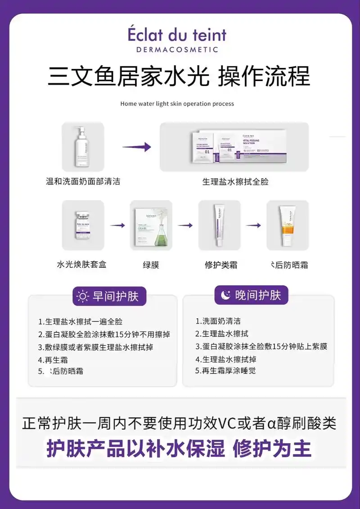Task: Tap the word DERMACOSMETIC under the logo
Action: coord(177,50)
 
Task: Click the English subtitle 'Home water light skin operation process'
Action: coord(177,104)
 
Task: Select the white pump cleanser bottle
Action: coord(83,146)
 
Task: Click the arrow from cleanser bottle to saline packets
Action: coord(136,147)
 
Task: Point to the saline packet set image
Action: coord(234,147)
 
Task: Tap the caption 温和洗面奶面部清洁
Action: coord(83,181)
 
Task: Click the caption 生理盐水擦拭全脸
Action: coord(235,182)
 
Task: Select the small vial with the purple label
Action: coord(83,225)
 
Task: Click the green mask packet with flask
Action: coord(151,225)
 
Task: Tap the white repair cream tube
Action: coord(219,225)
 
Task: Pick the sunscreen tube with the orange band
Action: coord(287,225)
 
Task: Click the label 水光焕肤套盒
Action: coord(81,265)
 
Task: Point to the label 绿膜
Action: coord(151,265)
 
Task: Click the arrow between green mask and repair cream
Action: coord(185,225)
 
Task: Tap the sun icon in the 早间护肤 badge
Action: coord(83,296)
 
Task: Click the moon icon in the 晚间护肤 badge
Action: coord(225,295)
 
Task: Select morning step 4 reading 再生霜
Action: coord(49,360)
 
